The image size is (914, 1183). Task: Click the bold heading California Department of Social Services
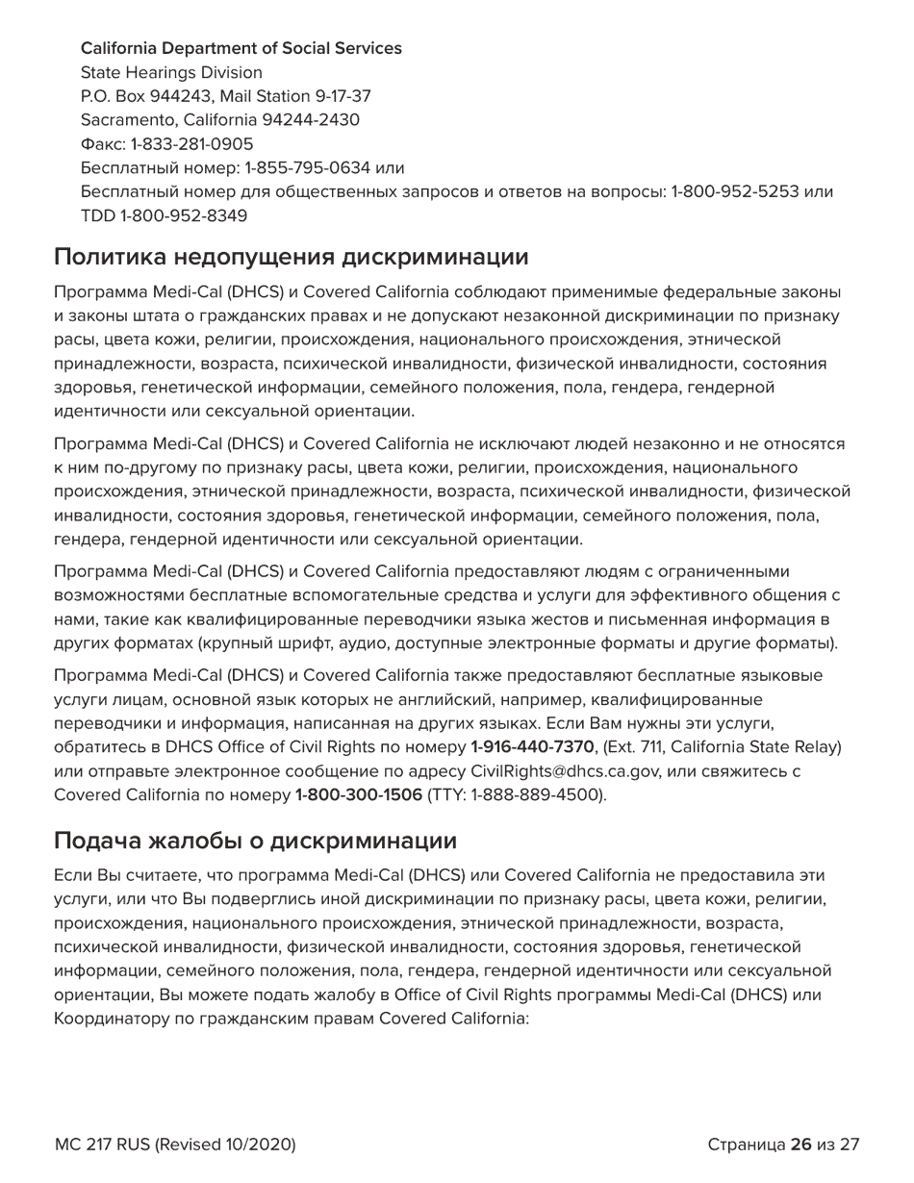coord(241,48)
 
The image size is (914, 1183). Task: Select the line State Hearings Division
coord(171,72)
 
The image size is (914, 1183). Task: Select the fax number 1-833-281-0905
coord(192,144)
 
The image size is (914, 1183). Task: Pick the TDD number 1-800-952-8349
coord(184,215)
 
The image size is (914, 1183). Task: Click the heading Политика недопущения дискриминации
coord(291,257)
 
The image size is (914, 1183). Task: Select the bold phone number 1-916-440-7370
coord(532,747)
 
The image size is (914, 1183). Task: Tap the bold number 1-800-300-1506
coord(358,794)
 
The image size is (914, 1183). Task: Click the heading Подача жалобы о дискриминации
coord(255,841)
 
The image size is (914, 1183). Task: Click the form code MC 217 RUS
coord(101,1145)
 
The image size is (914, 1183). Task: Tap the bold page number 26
coord(800,1145)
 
